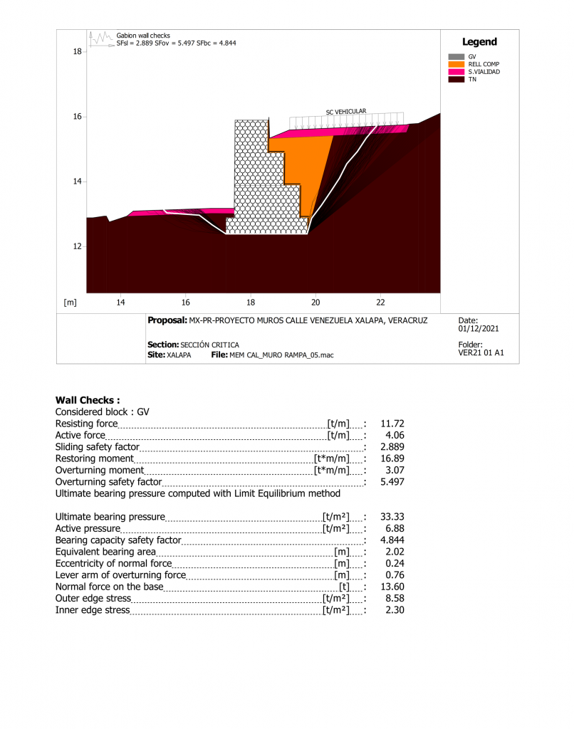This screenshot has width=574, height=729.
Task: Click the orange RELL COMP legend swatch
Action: coord(456,64)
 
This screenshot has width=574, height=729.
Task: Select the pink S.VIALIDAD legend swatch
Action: coord(456,72)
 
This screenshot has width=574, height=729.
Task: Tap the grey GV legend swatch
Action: coord(456,56)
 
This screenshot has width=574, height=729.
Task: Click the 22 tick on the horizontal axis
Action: coord(380,302)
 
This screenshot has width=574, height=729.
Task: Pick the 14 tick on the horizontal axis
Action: coord(120,302)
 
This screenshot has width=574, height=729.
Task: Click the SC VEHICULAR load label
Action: coord(346,112)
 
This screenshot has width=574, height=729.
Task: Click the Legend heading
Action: coord(479,42)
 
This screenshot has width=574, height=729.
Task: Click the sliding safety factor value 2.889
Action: coord(392,447)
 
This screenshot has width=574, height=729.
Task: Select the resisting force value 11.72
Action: coord(392,424)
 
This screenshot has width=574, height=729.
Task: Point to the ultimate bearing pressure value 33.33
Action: coord(392,517)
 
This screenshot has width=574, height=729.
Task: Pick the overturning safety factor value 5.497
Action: coord(392,482)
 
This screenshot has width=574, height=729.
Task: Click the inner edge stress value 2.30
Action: coord(395,610)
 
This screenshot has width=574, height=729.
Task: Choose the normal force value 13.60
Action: coord(392,587)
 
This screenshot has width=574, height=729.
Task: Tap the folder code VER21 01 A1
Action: coord(481,352)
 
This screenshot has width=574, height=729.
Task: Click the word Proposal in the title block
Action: coord(167,320)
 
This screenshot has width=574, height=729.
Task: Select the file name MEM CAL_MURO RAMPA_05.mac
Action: coord(282,355)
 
